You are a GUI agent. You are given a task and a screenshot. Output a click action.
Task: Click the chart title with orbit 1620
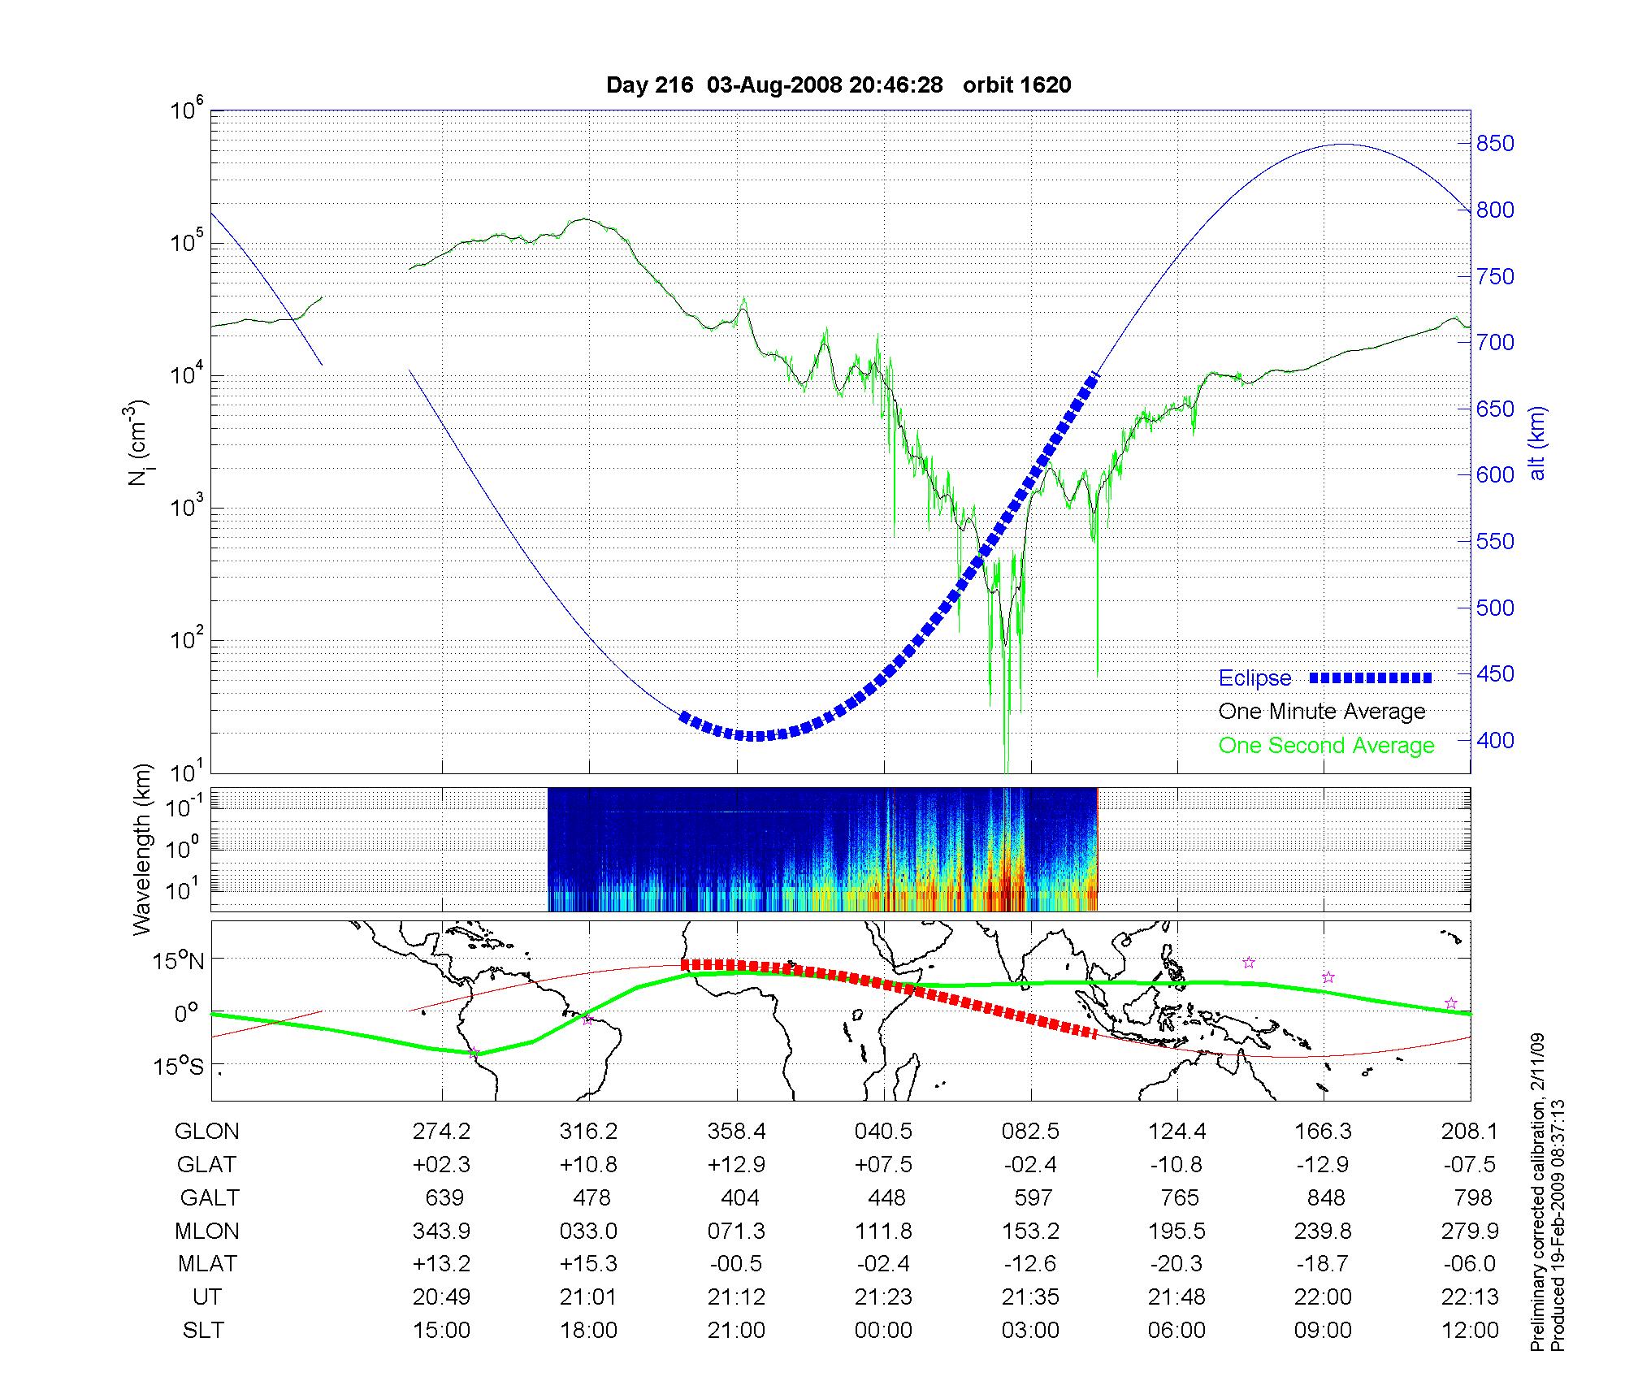[x=838, y=84]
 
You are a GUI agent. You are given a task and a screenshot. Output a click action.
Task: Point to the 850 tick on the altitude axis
[x=1495, y=144]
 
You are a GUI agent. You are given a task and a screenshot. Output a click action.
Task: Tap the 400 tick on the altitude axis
[x=1495, y=740]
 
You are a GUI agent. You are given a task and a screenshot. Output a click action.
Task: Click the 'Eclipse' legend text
[x=1254, y=678]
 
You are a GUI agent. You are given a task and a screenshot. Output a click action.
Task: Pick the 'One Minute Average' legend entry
[x=1322, y=712]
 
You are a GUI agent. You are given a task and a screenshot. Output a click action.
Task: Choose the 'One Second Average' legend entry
[x=1326, y=746]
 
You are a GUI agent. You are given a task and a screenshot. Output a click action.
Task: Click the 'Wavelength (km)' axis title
[x=143, y=849]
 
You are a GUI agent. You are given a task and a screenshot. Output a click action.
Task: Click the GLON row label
[x=207, y=1132]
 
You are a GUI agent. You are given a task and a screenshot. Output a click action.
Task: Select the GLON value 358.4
[x=737, y=1132]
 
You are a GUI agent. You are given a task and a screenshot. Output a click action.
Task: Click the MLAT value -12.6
[x=1030, y=1264]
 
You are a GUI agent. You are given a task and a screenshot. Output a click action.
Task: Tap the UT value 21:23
[x=883, y=1297]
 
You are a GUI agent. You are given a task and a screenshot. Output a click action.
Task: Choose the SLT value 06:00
[x=1177, y=1331]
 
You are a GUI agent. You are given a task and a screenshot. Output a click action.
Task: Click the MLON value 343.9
[x=442, y=1232]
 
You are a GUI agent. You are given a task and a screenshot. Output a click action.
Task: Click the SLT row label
[x=203, y=1331]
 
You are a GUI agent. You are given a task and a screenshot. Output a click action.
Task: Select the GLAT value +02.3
[x=441, y=1165]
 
